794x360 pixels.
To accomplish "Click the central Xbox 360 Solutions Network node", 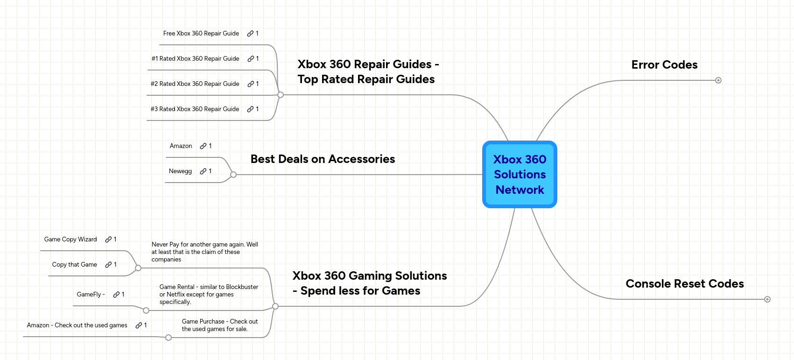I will pyautogui.click(x=520, y=174).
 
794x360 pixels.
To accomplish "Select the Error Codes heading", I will pyautogui.click(x=664, y=65).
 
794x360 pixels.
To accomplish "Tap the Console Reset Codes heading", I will pyautogui.click(x=684, y=284).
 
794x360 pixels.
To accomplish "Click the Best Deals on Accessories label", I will pyautogui.click(x=323, y=159).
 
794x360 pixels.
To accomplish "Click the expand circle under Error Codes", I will pyautogui.click(x=718, y=80).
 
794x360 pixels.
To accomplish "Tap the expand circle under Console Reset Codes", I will pyautogui.click(x=767, y=299).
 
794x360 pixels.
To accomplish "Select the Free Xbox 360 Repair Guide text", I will pyautogui.click(x=201, y=34).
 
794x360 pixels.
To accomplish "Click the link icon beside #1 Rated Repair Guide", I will pyautogui.click(x=251, y=59).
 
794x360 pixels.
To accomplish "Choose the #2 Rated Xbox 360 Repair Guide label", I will pyautogui.click(x=195, y=84).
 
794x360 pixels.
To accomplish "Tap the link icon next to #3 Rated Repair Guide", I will pyautogui.click(x=250, y=109).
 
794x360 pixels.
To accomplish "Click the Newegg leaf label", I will pyautogui.click(x=180, y=171).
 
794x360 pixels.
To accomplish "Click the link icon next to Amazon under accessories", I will pyautogui.click(x=203, y=146).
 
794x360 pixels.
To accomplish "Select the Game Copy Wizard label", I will pyautogui.click(x=70, y=240).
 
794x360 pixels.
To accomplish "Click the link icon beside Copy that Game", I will pyautogui.click(x=108, y=265).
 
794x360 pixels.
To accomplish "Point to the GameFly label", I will pyautogui.click(x=91, y=295).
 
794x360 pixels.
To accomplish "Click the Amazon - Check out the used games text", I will pyautogui.click(x=77, y=325).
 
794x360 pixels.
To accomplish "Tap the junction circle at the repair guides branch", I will pyautogui.click(x=281, y=95).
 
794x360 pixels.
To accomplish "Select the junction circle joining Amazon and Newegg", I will pyautogui.click(x=233, y=175).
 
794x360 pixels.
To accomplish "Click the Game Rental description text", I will pyautogui.click(x=208, y=295).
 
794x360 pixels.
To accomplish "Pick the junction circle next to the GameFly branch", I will pyautogui.click(x=146, y=311).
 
